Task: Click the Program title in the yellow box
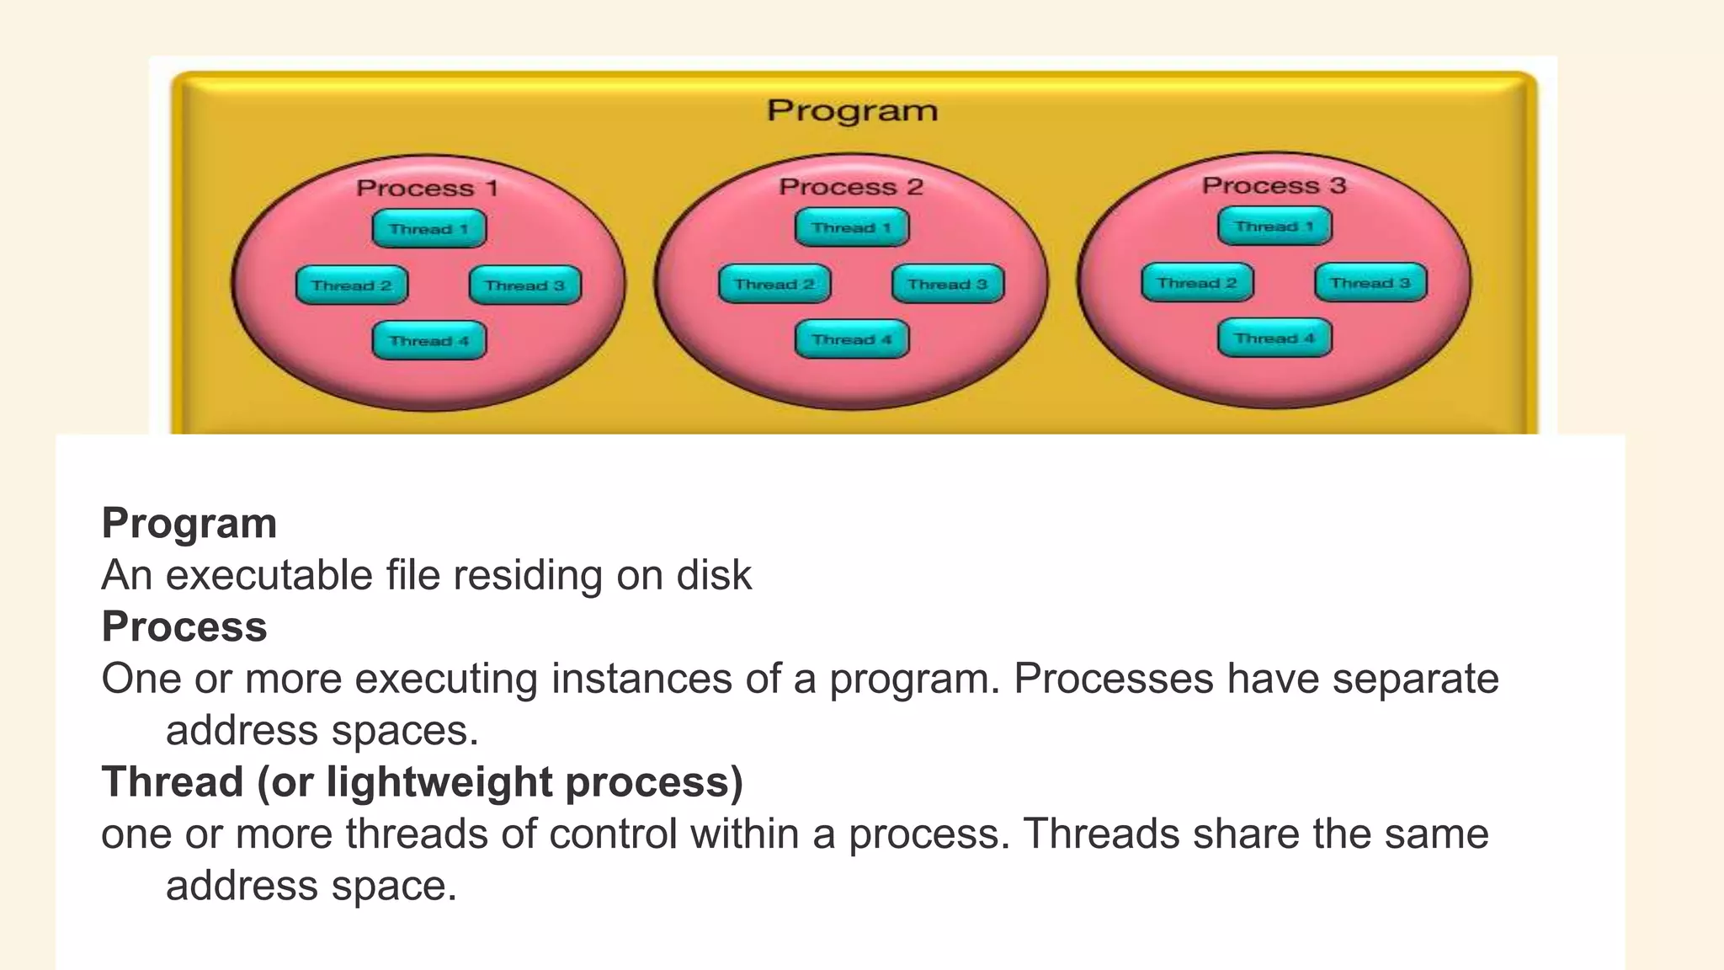(x=852, y=111)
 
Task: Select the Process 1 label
(x=427, y=188)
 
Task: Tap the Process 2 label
(x=851, y=187)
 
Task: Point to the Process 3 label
(x=1274, y=185)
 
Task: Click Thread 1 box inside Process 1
(x=429, y=229)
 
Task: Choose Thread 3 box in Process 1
(x=524, y=285)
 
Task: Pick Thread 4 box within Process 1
(x=429, y=341)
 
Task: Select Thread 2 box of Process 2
(x=774, y=285)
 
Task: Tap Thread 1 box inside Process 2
(x=852, y=228)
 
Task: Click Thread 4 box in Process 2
(x=852, y=339)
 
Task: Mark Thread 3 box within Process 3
(x=1370, y=283)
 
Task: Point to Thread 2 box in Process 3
(x=1197, y=283)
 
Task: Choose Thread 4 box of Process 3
(x=1274, y=338)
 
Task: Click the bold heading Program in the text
(x=189, y=524)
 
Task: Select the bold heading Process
(x=184, y=627)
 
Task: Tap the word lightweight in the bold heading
(x=438, y=783)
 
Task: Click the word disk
(x=714, y=576)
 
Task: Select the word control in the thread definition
(x=613, y=834)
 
